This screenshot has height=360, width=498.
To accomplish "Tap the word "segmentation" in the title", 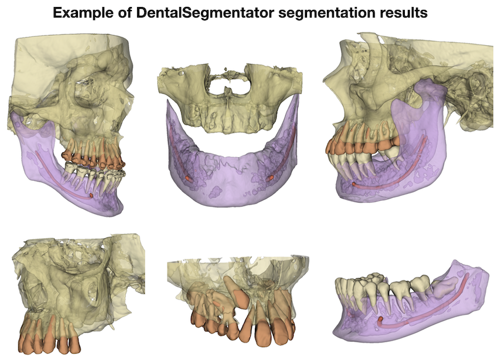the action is point(322,12).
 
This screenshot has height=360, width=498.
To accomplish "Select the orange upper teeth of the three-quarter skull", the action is point(94,153).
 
